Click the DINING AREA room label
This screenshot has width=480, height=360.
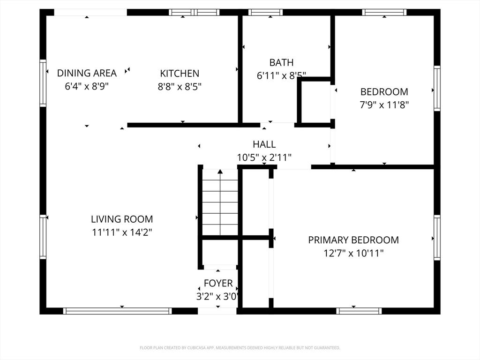(x=87, y=73)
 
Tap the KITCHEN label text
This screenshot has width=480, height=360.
(x=180, y=73)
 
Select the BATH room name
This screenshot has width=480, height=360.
(x=281, y=62)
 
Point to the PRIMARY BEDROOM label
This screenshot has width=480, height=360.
(x=353, y=240)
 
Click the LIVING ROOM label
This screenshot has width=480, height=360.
(x=122, y=219)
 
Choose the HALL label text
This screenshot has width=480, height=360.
(x=264, y=144)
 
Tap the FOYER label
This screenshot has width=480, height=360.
(x=218, y=283)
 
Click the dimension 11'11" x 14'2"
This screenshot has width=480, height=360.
(x=122, y=232)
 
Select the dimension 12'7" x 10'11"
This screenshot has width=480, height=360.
(x=353, y=253)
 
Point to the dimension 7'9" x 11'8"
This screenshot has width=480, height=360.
(x=384, y=105)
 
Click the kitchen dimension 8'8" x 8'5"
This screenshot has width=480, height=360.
(x=180, y=86)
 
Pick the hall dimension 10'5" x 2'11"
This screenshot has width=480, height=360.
(x=264, y=157)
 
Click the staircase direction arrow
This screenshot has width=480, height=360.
(x=220, y=172)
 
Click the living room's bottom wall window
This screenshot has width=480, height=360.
(x=117, y=311)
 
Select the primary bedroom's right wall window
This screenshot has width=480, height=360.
(x=437, y=237)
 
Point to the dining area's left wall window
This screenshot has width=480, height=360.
(x=43, y=83)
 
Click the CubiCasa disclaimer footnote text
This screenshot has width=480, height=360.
(x=240, y=348)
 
